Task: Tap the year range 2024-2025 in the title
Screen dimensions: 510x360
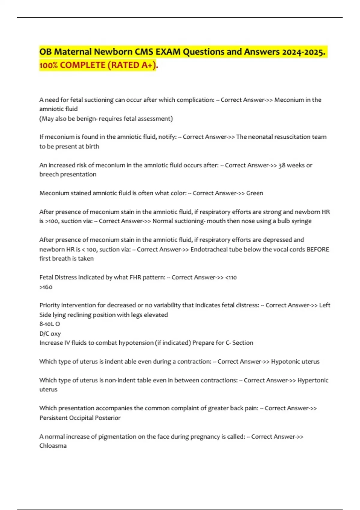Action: point(303,52)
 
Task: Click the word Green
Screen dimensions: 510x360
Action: point(255,193)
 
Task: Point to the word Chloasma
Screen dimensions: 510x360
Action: point(53,446)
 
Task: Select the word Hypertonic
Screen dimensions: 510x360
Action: point(313,380)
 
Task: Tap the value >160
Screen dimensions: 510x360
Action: point(46,287)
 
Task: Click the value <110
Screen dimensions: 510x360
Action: point(231,277)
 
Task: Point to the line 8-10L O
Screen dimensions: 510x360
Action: point(49,324)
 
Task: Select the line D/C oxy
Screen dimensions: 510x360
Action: point(50,334)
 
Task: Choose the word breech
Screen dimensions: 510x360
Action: point(49,174)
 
